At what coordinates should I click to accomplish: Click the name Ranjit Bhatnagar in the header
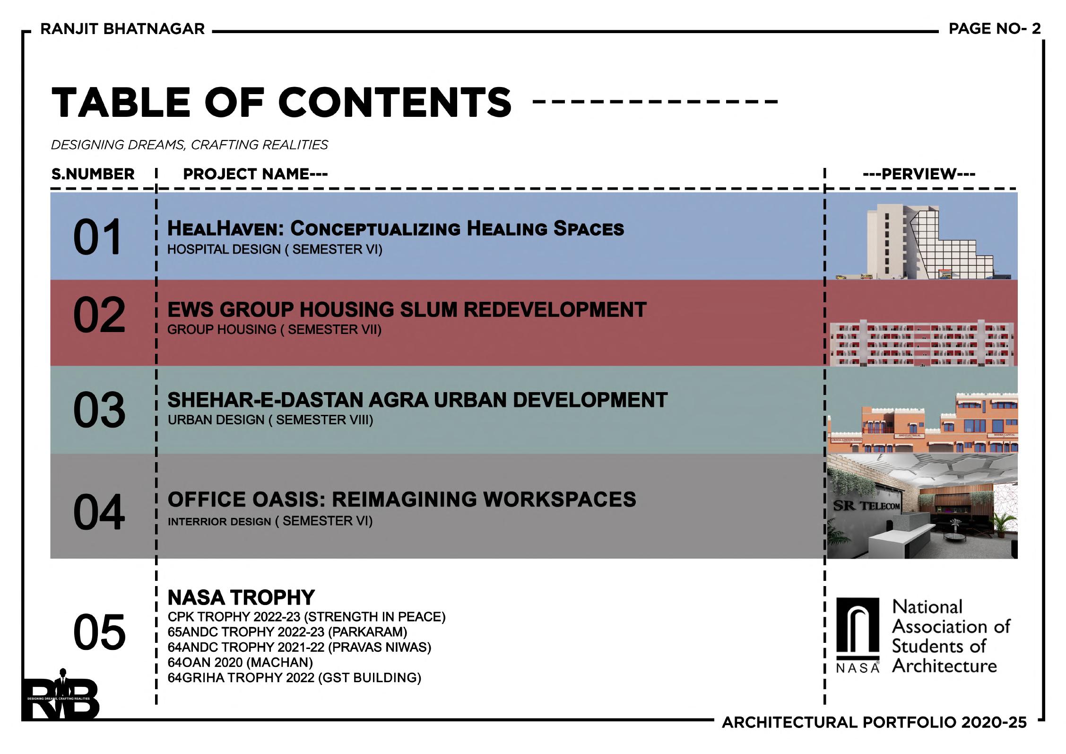pos(122,29)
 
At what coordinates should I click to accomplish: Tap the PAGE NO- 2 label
pos(995,29)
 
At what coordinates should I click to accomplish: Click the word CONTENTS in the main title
pos(395,103)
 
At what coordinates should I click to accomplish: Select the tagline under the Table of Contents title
pos(189,145)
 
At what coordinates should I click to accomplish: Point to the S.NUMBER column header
pos(93,174)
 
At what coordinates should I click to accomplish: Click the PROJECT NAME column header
pos(255,174)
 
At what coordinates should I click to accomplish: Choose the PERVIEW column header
pos(919,174)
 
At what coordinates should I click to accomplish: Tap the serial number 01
pos(97,237)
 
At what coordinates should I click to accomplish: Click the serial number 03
pos(99,410)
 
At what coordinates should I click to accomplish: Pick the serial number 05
pos(99,632)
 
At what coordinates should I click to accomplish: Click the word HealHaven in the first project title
pos(225,229)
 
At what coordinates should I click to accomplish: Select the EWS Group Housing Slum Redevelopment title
pos(407,310)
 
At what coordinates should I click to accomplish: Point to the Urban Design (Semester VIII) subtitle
pos(270,420)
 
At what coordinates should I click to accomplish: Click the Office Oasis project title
pos(401,500)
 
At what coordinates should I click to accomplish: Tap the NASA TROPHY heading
pos(241,598)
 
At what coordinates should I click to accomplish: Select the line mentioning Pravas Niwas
pos(299,647)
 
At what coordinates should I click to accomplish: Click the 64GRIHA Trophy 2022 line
pos(294,678)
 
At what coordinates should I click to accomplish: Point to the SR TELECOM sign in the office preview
pos(867,506)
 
